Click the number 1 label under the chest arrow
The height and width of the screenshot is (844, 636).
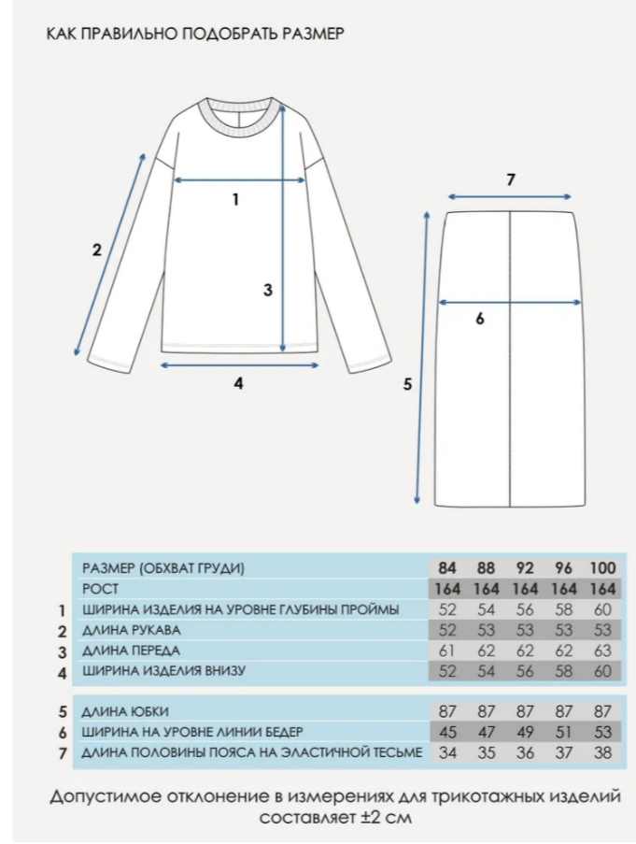[235, 198]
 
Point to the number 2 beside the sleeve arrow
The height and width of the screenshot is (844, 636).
[96, 250]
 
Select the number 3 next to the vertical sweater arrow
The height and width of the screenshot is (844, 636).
[267, 290]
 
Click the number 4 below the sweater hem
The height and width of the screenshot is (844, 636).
[238, 382]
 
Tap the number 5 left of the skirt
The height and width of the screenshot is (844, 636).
[406, 384]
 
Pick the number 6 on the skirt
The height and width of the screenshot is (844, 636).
[479, 319]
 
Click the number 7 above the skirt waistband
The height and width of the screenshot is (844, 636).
[510, 179]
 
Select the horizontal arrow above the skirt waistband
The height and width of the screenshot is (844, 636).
[510, 196]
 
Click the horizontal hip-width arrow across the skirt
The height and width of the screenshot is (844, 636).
[510, 302]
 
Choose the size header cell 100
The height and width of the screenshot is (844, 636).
[602, 568]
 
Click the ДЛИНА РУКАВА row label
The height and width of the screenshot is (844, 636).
[132, 630]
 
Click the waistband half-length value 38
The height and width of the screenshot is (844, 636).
[602, 752]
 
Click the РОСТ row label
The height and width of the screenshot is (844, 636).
[100, 589]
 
